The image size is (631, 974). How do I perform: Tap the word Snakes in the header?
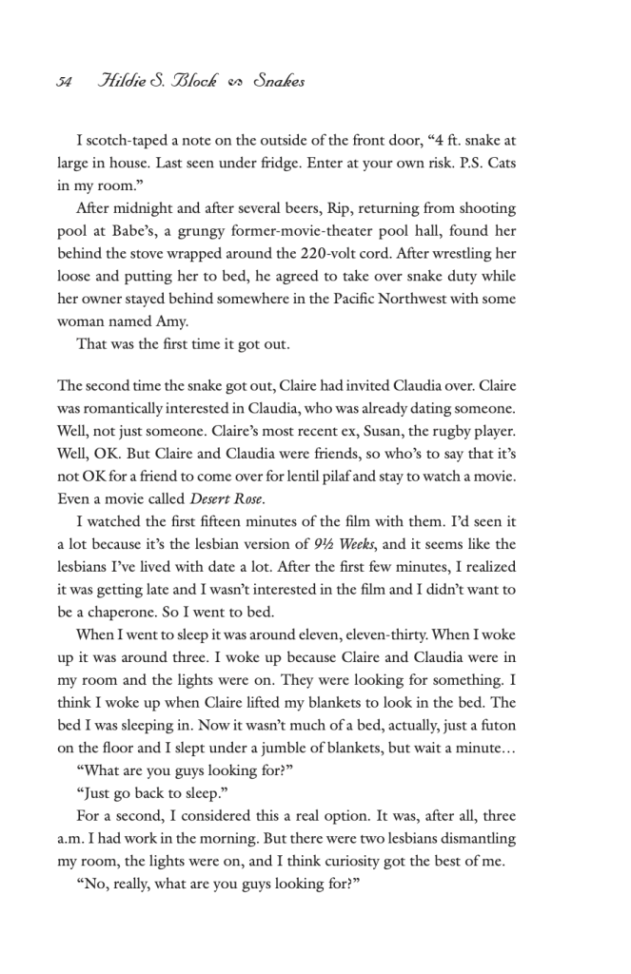(279, 81)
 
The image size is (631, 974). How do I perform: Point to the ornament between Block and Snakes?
(235, 83)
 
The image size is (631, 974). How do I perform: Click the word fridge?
(270, 163)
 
